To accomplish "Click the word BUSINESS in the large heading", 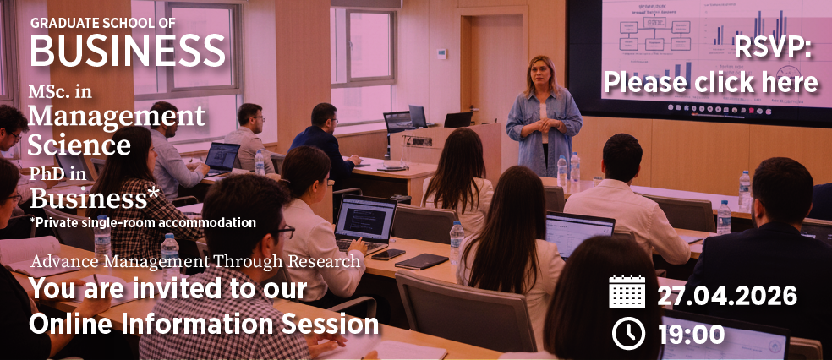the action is (128, 50).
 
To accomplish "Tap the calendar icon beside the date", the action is (627, 292).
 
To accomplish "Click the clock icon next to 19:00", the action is (628, 334).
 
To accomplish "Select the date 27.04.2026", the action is (727, 295).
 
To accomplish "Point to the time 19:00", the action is (692, 335).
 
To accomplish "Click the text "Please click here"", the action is (710, 83).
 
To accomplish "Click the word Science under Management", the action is (79, 145).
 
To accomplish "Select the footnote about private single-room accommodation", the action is (143, 222).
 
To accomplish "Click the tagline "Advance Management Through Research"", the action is (196, 261).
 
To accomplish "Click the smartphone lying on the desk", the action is (388, 254).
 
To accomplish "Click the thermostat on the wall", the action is (441, 53).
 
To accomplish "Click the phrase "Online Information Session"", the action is (204, 325).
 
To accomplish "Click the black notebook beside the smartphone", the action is (421, 261).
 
